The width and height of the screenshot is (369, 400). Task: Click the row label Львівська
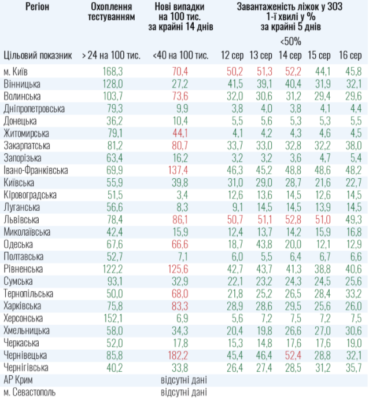[21, 220]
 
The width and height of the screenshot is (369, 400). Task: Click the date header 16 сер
[350, 56]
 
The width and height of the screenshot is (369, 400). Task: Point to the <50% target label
[290, 42]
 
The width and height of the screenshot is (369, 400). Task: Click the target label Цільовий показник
[38, 56]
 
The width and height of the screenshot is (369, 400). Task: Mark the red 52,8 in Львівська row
[290, 220]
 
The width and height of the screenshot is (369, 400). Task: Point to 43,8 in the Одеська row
[261, 244]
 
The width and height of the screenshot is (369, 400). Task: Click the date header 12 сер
[231, 56]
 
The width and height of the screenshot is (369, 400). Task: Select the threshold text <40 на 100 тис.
[180, 56]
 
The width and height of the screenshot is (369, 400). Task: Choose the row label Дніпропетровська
[34, 108]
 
